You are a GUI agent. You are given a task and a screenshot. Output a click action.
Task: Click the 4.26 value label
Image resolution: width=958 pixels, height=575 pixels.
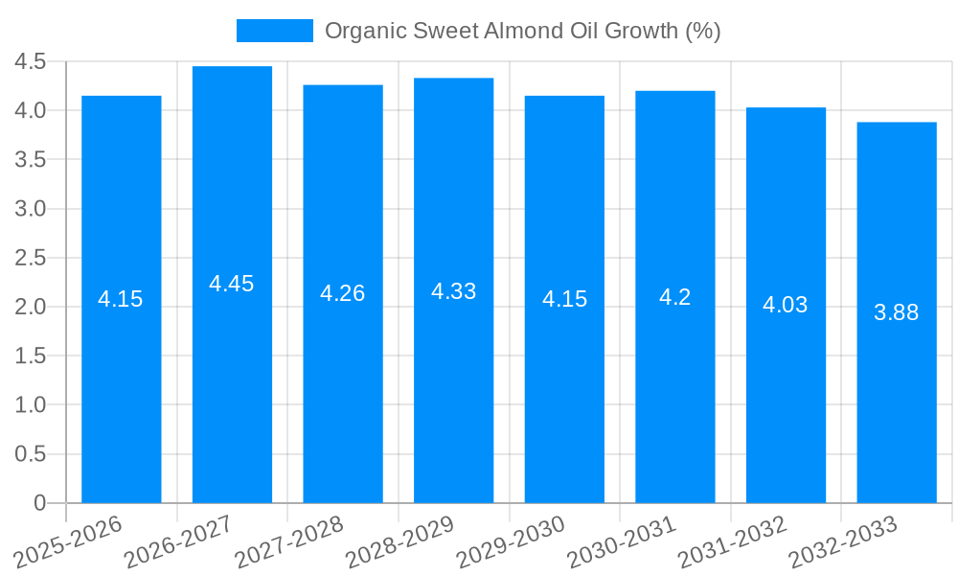pyautogui.click(x=343, y=293)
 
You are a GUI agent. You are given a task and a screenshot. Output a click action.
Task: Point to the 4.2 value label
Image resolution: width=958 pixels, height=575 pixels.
pyautogui.click(x=675, y=297)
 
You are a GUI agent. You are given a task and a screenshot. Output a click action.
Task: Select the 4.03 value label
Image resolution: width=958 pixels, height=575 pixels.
pyautogui.click(x=786, y=305)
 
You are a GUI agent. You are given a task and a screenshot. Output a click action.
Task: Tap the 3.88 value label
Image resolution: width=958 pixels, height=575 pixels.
pyautogui.click(x=897, y=312)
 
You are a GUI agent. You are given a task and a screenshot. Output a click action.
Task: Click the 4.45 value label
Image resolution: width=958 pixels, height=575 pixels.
pyautogui.click(x=232, y=284)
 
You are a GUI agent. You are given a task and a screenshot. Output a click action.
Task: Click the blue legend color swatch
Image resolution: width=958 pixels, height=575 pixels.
pyautogui.click(x=274, y=31)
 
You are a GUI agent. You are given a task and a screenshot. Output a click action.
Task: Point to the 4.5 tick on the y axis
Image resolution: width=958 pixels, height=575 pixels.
pyautogui.click(x=31, y=62)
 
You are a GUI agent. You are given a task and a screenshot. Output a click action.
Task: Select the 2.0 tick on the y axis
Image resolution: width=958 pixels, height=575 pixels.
pyautogui.click(x=31, y=308)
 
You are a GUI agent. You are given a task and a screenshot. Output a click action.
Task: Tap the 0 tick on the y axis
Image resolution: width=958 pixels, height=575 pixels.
pyautogui.click(x=39, y=503)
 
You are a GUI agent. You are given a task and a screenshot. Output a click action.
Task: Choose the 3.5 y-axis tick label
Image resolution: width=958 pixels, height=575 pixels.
pyautogui.click(x=31, y=160)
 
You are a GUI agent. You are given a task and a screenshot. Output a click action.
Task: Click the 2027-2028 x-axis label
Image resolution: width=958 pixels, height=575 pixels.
pyautogui.click(x=288, y=541)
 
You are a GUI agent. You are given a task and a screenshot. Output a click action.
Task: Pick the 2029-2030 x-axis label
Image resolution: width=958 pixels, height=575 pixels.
pyautogui.click(x=510, y=541)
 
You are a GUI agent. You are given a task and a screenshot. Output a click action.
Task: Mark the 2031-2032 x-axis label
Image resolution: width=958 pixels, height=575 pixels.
pyautogui.click(x=731, y=541)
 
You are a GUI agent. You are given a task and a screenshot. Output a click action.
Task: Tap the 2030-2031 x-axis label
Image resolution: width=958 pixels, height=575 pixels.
pyautogui.click(x=621, y=541)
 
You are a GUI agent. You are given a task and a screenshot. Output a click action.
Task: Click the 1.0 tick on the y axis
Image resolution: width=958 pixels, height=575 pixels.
pyautogui.click(x=31, y=405)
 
